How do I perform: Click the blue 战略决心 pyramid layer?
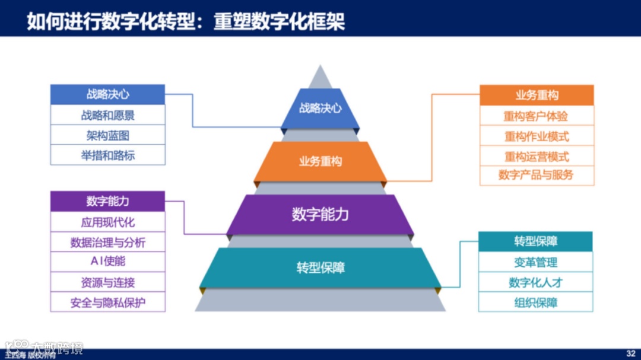point(320,109)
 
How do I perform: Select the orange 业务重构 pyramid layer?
point(320,161)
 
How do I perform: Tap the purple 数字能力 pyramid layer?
point(320,214)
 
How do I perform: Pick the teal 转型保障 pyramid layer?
point(320,267)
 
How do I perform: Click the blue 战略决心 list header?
point(107,94)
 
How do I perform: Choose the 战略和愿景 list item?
point(107,115)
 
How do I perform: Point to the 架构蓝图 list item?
point(107,135)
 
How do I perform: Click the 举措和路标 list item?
point(107,155)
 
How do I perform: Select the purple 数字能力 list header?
point(107,201)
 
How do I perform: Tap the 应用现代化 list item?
point(107,222)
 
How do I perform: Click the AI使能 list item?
point(107,262)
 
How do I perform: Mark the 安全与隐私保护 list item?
point(107,302)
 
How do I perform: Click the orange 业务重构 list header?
point(537,95)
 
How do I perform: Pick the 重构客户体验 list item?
point(537,116)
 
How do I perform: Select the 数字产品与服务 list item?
point(537,176)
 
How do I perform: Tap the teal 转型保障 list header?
point(535,241)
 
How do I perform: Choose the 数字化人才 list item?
point(535,282)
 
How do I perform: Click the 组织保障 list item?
point(535,302)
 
